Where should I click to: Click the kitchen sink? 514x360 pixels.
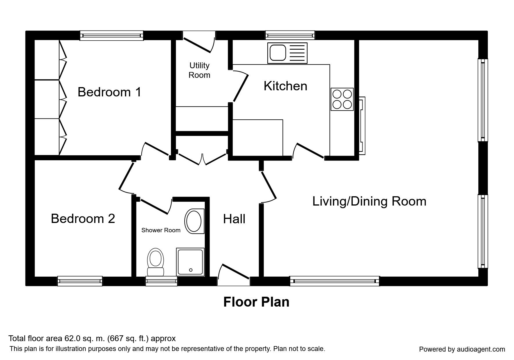click(x=287, y=53)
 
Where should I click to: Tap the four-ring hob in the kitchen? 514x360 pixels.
click(x=342, y=99)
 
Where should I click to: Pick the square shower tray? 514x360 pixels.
click(x=191, y=261)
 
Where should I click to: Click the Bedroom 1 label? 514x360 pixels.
click(x=109, y=92)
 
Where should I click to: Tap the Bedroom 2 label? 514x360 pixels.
click(x=83, y=219)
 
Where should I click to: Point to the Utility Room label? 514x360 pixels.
click(x=199, y=70)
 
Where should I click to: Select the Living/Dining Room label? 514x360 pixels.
click(x=369, y=201)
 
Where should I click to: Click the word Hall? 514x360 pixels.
click(x=234, y=219)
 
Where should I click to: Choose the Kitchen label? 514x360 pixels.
click(x=285, y=86)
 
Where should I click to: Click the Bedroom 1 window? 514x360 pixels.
click(x=112, y=35)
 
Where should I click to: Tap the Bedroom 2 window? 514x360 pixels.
click(x=80, y=281)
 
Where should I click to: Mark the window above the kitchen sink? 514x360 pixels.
click(x=290, y=35)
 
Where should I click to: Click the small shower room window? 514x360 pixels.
click(x=161, y=281)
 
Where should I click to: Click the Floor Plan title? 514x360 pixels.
click(x=256, y=302)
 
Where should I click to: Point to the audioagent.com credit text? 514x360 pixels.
click(x=462, y=349)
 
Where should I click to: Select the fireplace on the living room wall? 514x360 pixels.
click(x=362, y=125)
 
